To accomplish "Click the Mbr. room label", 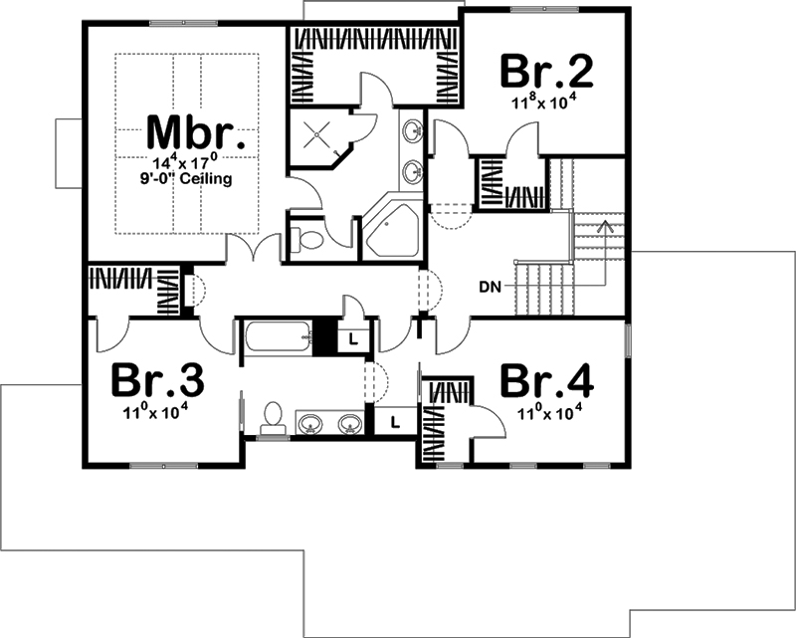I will [190, 132].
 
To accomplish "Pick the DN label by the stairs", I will [489, 288].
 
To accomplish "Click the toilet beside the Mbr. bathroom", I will [307, 239].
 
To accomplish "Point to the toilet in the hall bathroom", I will [272, 419].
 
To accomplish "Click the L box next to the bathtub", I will [354, 338].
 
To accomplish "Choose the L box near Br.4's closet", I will [395, 421].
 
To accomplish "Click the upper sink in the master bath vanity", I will [412, 130].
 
